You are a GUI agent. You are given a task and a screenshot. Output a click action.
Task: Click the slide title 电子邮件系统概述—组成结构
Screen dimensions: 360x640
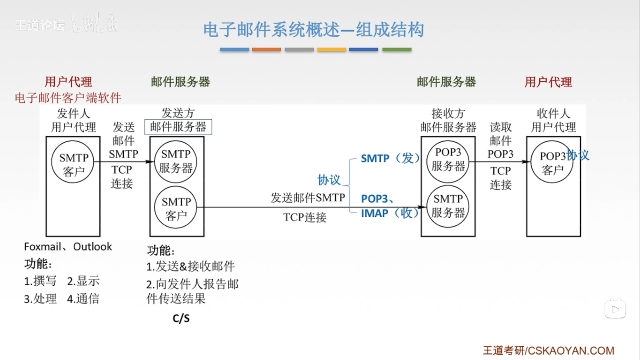(313, 30)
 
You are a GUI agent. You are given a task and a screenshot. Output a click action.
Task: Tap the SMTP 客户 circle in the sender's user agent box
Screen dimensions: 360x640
(73, 162)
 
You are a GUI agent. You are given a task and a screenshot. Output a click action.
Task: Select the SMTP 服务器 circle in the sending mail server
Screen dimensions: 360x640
(176, 161)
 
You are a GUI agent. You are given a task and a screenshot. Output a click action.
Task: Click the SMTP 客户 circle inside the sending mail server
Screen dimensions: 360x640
(176, 207)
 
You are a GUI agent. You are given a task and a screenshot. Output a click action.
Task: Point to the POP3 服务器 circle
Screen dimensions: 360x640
(448, 161)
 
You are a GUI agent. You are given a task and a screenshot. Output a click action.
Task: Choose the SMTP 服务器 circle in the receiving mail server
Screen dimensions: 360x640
(448, 207)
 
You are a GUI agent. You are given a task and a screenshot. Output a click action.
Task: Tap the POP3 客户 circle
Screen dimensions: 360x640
(552, 162)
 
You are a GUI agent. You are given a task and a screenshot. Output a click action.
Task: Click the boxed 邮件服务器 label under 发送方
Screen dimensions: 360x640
(178, 127)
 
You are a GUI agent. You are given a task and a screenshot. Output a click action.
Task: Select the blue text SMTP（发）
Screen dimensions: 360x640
(390, 158)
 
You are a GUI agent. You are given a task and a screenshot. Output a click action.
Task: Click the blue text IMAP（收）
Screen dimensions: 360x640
(389, 213)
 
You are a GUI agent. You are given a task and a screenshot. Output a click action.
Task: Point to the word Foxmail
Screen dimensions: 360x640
(42, 247)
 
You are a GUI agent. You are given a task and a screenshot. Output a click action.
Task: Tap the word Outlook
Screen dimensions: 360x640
(92, 247)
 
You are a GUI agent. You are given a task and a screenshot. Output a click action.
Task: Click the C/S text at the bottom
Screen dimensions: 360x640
(181, 318)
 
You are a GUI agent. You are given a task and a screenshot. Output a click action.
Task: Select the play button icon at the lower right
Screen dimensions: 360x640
(615, 309)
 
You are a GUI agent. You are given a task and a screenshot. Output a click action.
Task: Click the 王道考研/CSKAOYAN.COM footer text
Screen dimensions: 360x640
(548, 350)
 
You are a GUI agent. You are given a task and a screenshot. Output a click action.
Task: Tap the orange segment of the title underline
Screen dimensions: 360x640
(266, 49)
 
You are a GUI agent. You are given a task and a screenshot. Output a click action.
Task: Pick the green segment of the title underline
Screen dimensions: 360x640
(397, 49)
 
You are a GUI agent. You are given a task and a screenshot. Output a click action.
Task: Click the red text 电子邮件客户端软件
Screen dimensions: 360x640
(68, 98)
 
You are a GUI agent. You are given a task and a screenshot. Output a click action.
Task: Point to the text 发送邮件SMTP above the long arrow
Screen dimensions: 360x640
(307, 198)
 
